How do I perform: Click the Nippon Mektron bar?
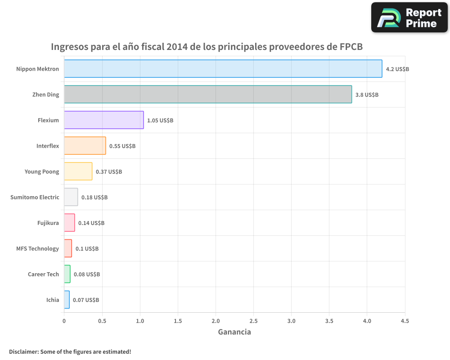223,69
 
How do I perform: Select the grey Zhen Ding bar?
207,94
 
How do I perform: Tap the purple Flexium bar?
103,120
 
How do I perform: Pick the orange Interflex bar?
85,146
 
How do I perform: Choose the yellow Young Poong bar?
78,171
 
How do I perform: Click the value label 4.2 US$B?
397,69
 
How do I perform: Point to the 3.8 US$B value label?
367,95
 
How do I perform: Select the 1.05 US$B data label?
160,121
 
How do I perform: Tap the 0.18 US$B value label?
94,198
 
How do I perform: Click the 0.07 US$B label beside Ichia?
86,300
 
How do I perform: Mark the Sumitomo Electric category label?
35,197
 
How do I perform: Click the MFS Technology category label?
37,248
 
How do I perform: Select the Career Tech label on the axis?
43,274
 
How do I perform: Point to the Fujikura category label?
48,223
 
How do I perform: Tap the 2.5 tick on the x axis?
253,321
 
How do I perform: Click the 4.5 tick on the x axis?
405,321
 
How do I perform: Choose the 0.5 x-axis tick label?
102,321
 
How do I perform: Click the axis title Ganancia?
234,332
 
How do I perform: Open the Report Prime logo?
409,18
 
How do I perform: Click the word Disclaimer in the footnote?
23,351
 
